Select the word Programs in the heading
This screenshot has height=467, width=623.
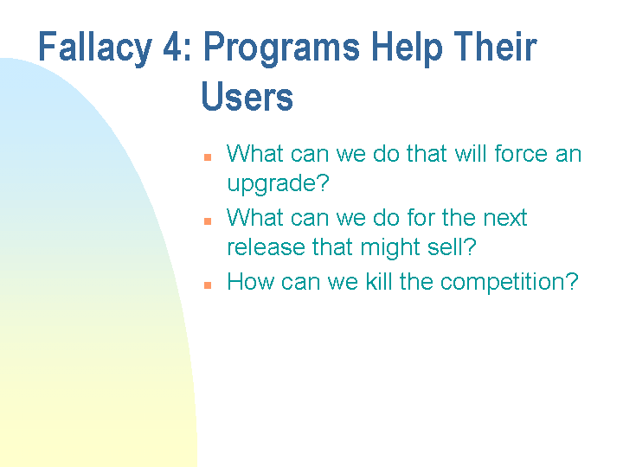click(279, 48)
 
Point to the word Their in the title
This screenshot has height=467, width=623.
click(496, 48)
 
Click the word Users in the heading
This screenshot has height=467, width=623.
click(247, 97)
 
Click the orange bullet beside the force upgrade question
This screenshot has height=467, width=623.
click(208, 157)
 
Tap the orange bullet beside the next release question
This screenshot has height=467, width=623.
click(208, 221)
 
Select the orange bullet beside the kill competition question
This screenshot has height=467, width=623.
click(208, 285)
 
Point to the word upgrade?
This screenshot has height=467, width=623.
click(279, 184)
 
